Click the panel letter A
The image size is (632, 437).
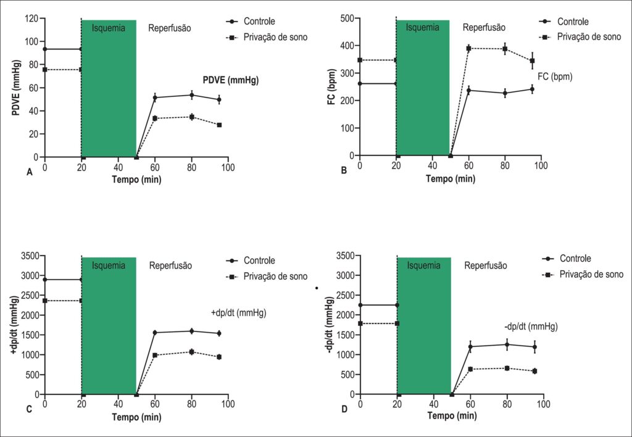(30, 173)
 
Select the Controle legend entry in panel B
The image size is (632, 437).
(563, 22)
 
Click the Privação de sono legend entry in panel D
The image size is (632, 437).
(583, 275)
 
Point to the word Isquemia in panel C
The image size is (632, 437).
(109, 265)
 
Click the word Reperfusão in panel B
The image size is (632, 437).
(484, 28)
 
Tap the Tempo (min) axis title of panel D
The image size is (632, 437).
(452, 415)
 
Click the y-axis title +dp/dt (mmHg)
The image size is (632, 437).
(15, 325)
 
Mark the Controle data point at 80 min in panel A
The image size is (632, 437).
(192, 95)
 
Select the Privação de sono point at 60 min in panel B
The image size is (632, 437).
(469, 48)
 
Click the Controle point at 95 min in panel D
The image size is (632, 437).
(535, 347)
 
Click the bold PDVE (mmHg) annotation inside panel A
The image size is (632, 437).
(231, 80)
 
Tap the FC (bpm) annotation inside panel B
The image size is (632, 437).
(555, 76)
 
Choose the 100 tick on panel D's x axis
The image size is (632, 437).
(544, 404)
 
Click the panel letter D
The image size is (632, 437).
(344, 410)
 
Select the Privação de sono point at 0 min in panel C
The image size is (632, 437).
(44, 301)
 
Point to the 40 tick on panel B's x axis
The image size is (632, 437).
(433, 165)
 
